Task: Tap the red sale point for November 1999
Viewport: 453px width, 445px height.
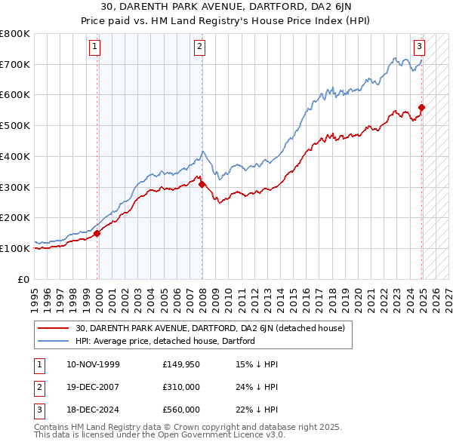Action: click(x=97, y=233)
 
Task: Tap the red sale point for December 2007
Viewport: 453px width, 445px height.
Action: click(x=202, y=183)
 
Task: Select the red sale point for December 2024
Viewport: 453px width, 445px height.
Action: click(x=421, y=107)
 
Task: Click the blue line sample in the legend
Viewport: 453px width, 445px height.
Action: click(x=54, y=341)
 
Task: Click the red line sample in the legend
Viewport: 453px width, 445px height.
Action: click(x=54, y=328)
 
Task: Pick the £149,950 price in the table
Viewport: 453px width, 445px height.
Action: click(x=181, y=364)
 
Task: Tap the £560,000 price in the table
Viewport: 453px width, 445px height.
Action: click(x=181, y=410)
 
